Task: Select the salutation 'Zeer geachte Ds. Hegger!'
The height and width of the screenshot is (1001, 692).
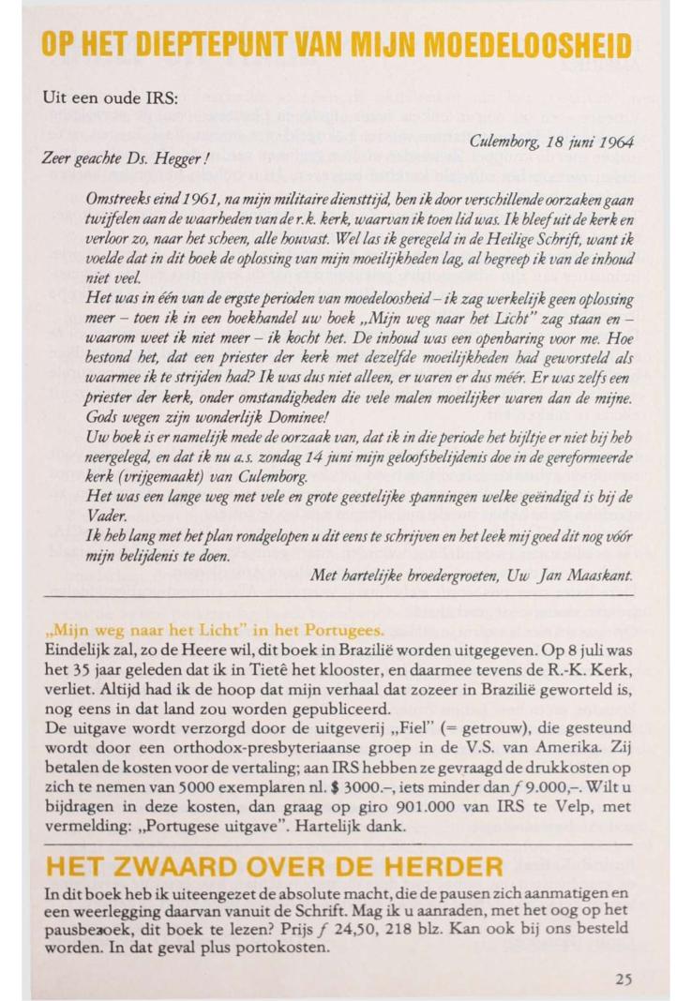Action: click(120, 160)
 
